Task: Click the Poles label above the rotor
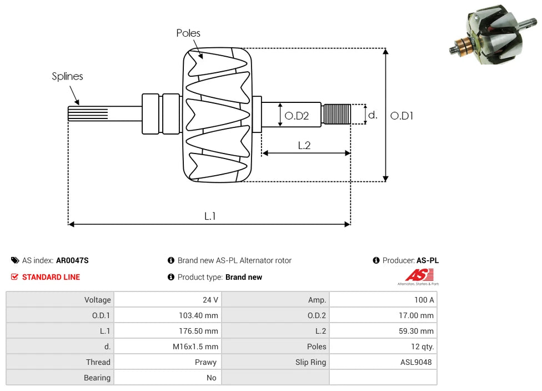coord(188,33)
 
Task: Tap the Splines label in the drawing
coord(67,76)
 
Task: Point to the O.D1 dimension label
coord(402,116)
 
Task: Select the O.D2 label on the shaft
coord(297,116)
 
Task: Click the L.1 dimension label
coord(209,216)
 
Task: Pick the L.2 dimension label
coord(304,145)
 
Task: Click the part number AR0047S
coord(72,260)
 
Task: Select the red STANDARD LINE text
coord(51,277)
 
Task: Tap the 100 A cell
coord(424,300)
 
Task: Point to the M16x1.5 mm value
coord(195,347)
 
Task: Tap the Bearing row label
coord(97,378)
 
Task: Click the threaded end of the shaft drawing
coord(337,114)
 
